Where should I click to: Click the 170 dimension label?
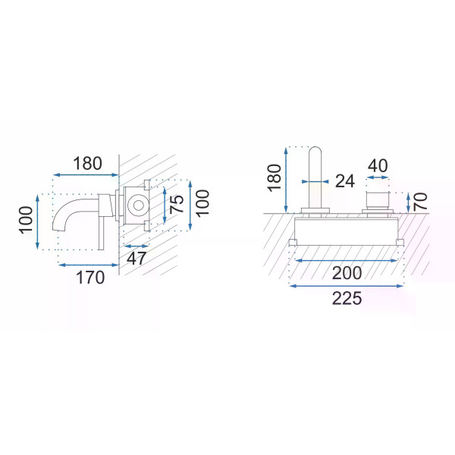point(90,278)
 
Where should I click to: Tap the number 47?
point(136,258)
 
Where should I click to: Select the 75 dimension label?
point(177,204)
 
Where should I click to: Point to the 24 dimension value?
point(345,181)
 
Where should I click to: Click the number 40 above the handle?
point(378,165)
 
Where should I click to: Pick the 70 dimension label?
point(420,202)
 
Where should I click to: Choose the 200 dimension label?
point(347,273)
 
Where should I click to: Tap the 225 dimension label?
point(347,298)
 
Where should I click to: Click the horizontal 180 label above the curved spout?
point(87,163)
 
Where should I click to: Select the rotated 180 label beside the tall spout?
point(275,178)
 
